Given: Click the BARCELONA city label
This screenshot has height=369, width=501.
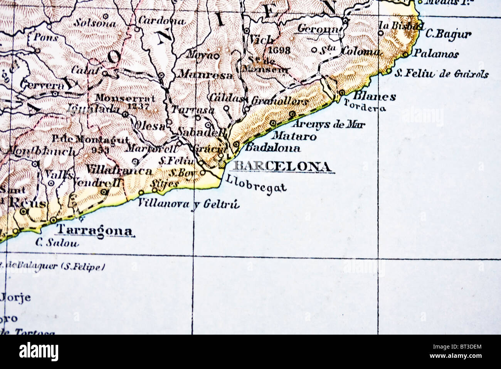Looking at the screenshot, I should (282, 166).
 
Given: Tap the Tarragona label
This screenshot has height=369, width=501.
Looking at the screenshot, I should (94, 230).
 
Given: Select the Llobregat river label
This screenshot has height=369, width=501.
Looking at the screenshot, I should (256, 184).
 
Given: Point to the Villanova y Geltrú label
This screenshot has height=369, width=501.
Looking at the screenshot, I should (189, 203).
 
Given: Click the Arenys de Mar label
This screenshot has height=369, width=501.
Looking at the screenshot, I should (328, 124).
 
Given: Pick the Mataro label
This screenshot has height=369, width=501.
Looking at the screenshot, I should (294, 136).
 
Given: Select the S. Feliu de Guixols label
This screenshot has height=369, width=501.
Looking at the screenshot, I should (442, 73).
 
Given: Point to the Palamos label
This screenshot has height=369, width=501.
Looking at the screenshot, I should (436, 54).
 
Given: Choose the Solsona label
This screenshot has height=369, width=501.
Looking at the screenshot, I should (95, 23).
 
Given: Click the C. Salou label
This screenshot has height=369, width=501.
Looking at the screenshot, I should (57, 243).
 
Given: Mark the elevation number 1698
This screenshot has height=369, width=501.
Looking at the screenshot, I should (279, 50).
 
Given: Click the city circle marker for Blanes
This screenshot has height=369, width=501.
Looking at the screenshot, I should (341, 93).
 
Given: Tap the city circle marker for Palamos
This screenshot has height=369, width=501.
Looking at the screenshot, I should (405, 54).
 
